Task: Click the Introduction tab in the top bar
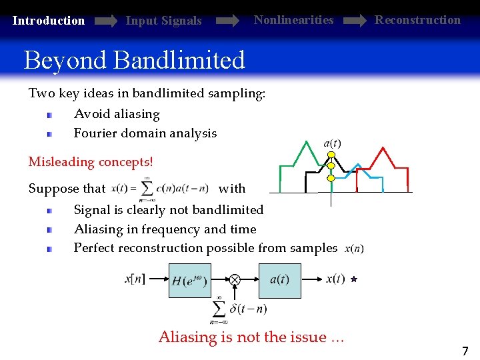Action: click(x=49, y=21)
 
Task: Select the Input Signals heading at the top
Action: click(x=163, y=21)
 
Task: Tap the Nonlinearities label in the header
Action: click(x=293, y=20)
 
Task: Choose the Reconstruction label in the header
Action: click(x=417, y=20)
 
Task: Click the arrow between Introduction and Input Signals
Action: click(x=105, y=21)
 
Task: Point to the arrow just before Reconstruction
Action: click(x=353, y=21)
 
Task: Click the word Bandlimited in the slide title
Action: click(x=180, y=61)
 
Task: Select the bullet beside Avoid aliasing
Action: click(x=49, y=115)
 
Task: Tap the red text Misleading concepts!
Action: click(x=91, y=162)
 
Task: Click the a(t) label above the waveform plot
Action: click(x=332, y=143)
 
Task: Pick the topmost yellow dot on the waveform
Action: click(x=331, y=155)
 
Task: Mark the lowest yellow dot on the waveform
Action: click(x=331, y=178)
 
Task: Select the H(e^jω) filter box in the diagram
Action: click(x=189, y=281)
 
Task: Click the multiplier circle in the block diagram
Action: click(x=235, y=280)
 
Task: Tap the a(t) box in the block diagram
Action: click(x=279, y=281)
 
